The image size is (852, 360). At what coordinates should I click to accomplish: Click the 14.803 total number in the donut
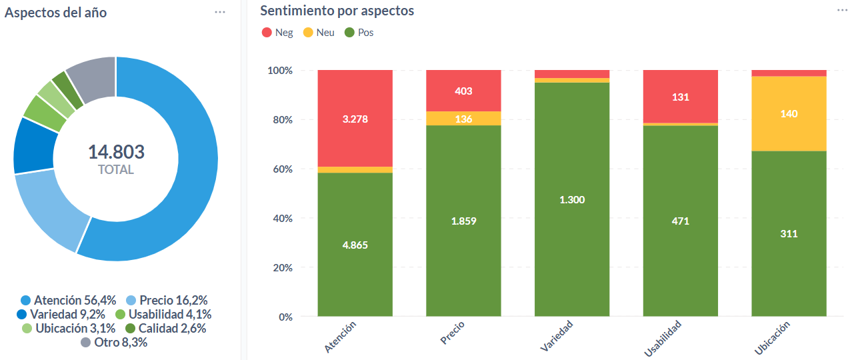point(116,152)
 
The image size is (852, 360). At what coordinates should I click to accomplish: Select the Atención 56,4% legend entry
point(69,300)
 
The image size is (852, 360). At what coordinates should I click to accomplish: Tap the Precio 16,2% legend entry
point(166,300)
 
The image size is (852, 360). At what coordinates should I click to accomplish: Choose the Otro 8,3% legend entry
point(114,343)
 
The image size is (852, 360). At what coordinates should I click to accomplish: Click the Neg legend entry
point(277,32)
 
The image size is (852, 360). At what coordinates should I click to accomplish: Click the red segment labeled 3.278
point(355,119)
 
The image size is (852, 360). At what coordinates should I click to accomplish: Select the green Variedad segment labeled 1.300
point(572,199)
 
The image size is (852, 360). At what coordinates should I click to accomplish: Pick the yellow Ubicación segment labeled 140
point(789,113)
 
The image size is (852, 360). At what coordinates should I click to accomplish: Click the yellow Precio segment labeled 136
point(463,119)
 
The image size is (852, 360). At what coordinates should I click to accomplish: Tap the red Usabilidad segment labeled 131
point(680,97)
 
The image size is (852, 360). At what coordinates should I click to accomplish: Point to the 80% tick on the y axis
point(279,120)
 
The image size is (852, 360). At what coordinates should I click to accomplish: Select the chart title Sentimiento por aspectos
point(337,11)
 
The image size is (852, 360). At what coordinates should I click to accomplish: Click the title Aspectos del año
point(55,13)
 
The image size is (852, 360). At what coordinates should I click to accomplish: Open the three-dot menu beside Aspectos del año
point(220,12)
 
